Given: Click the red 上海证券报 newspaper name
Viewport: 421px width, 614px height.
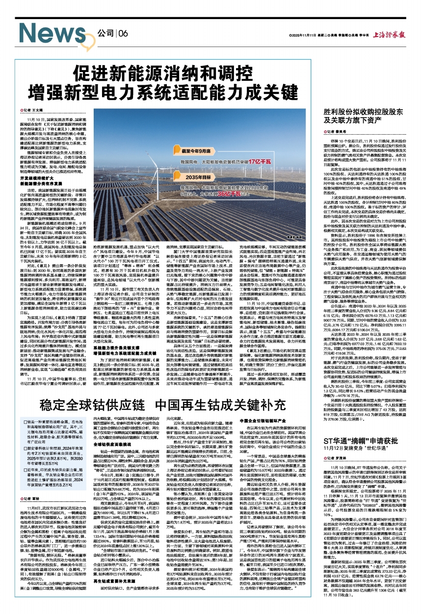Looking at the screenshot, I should (392, 35).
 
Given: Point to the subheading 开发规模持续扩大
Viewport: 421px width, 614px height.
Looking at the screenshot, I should (44, 177).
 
